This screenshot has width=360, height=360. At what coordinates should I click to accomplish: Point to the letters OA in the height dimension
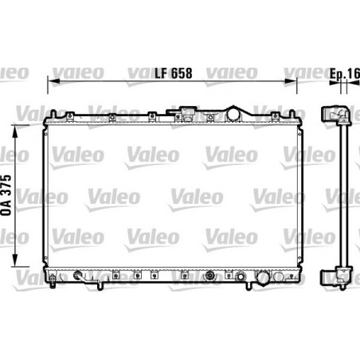coord(7,205)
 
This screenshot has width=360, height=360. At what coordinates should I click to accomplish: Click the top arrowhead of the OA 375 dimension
coord(18,112)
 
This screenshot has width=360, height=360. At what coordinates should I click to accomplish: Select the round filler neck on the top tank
coord(234,114)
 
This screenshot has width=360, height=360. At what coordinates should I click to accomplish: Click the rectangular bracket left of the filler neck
coord(190,112)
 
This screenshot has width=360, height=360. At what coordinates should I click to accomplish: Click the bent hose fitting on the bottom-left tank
coord(79,276)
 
